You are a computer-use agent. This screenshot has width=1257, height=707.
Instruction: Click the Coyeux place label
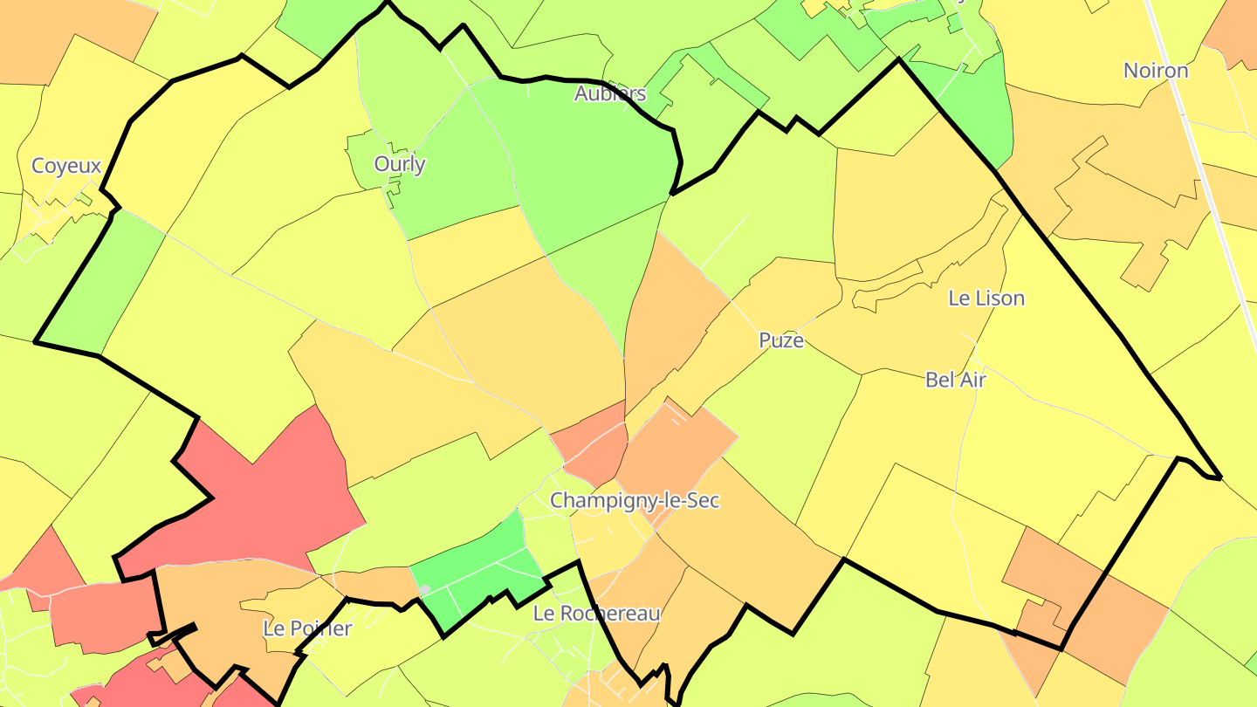point(66,165)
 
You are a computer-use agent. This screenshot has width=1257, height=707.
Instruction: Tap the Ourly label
point(400,163)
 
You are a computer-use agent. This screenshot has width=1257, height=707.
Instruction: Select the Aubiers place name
point(610,93)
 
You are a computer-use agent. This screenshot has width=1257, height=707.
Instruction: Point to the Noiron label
point(1156,70)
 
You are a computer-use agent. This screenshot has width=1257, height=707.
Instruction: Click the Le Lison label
point(986,298)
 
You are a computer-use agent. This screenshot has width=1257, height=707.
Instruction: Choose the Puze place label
point(781,340)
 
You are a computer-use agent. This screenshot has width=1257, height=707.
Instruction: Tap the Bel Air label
point(955,379)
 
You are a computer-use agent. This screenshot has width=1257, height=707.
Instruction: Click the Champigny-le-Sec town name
point(635,500)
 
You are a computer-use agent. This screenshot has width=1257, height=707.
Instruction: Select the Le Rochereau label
point(597,613)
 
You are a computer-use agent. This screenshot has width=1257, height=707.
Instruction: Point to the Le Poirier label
point(307,628)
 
